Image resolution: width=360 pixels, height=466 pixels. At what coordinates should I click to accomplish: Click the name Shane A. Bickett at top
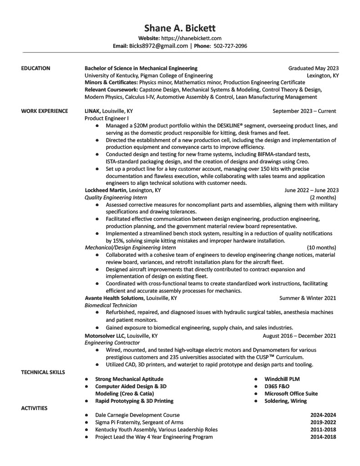(x=180, y=28)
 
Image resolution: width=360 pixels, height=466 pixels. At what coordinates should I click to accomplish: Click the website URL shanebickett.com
(x=191, y=38)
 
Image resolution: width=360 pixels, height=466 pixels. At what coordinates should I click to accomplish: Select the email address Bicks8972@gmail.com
(x=158, y=46)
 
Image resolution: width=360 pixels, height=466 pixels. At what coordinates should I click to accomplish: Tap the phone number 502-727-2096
(x=230, y=46)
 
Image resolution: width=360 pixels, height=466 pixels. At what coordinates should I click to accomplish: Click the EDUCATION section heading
(x=35, y=68)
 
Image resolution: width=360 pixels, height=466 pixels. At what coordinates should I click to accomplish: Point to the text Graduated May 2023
(x=313, y=68)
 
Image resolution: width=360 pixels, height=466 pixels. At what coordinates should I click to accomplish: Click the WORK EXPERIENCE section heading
(x=44, y=111)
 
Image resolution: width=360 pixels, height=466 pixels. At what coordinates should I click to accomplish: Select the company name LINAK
(x=93, y=111)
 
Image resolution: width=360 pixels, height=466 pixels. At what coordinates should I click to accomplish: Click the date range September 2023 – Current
(x=304, y=111)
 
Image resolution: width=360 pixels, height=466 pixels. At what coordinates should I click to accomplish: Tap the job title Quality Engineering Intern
(x=116, y=198)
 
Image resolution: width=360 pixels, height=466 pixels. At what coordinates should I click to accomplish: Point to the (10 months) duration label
(x=321, y=248)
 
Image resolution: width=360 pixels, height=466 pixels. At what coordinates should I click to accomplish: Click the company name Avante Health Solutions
(x=114, y=298)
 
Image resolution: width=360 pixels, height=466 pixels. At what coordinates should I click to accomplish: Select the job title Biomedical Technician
(x=111, y=305)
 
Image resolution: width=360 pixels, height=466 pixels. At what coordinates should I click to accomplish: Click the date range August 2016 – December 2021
(x=299, y=336)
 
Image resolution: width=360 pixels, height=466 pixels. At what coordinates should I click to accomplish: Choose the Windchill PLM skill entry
(x=282, y=379)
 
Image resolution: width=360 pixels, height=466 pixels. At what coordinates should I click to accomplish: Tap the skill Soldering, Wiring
(x=285, y=401)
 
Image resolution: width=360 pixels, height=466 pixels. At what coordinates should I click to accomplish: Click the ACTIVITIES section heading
(x=34, y=408)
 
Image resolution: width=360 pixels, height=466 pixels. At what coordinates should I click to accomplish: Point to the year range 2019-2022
(x=323, y=422)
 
